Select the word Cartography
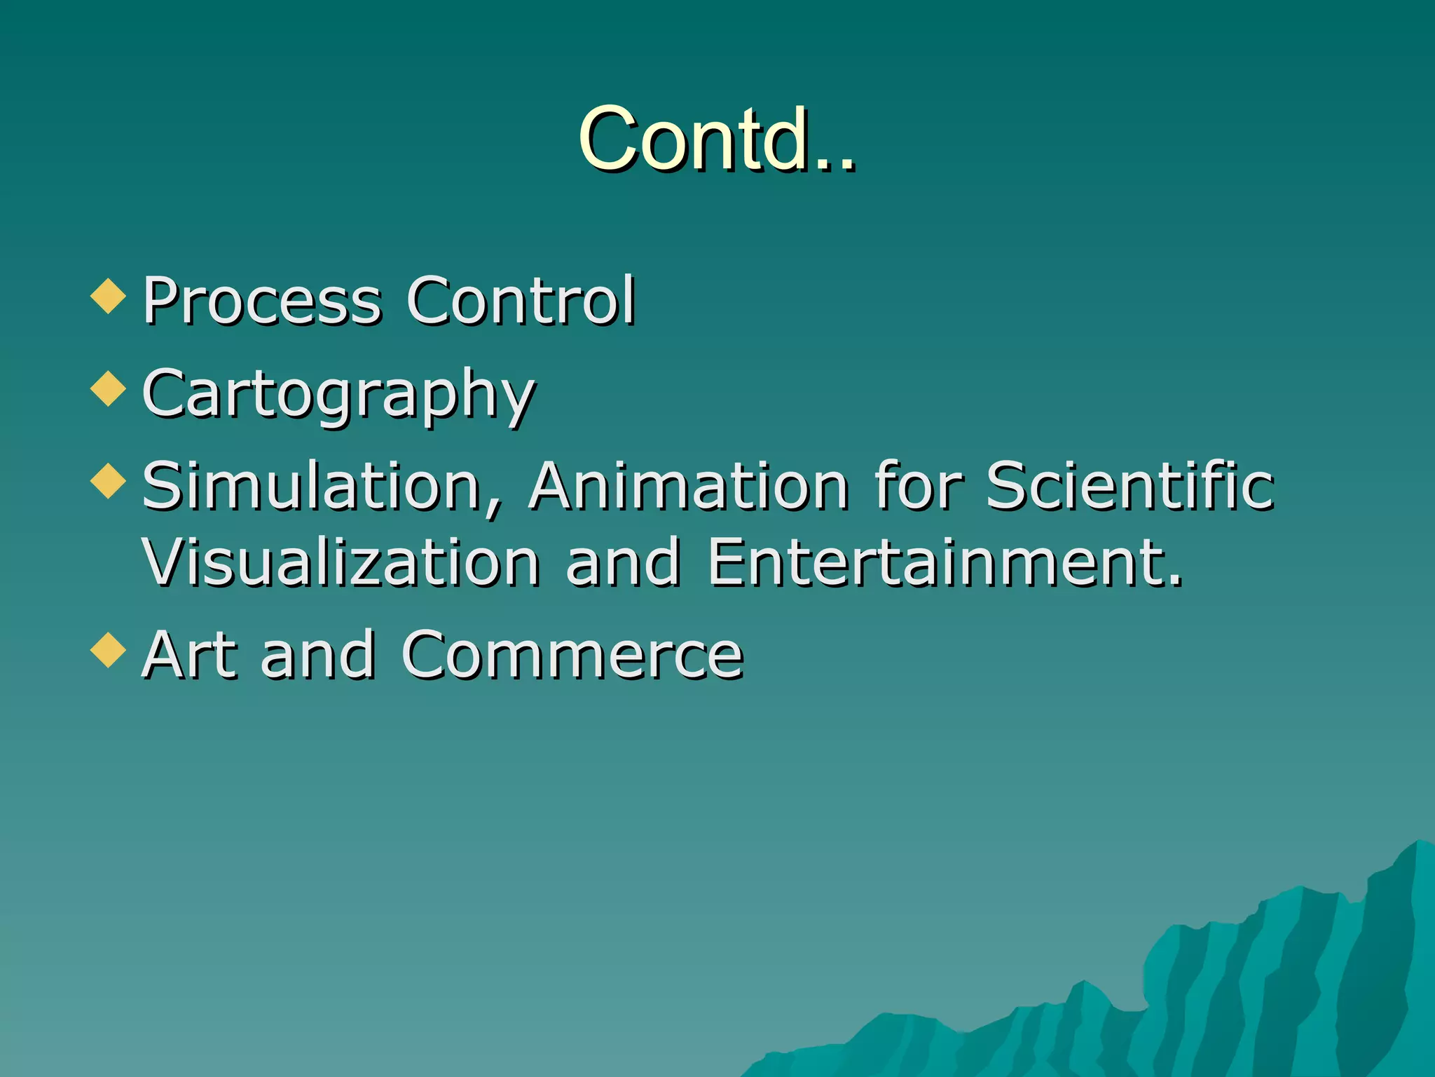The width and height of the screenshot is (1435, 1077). [x=338, y=395]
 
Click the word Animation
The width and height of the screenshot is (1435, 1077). [x=689, y=486]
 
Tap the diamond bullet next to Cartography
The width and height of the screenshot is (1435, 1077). [x=108, y=389]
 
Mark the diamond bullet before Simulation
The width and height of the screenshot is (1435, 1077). [x=108, y=482]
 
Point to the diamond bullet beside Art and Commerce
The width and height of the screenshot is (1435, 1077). [x=108, y=650]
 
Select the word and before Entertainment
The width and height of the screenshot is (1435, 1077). [x=623, y=562]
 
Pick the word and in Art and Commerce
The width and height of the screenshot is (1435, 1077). [x=317, y=655]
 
